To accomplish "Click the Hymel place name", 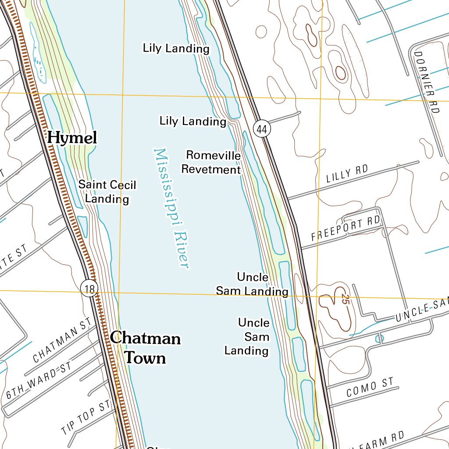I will pos(72,138).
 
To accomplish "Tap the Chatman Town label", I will pos(145,348).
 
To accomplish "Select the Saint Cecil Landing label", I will pos(107,192).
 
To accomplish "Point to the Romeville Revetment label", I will pos(212,162).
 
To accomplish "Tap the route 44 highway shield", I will pos(262,129).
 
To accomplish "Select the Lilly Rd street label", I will pos(347,174).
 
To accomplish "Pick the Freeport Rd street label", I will pos(345,228).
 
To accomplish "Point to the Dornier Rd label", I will pos(426,82).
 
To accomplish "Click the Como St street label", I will pos(370,388).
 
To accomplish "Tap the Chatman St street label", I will pos(63,340).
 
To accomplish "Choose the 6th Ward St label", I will pos(39,380).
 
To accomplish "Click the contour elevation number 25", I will pos(345,300).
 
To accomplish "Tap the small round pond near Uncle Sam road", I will pos(379,339).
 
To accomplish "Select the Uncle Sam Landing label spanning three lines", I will pos(247,337).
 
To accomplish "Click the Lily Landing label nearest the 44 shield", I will pos(192,121).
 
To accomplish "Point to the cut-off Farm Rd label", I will pos(378,440).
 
